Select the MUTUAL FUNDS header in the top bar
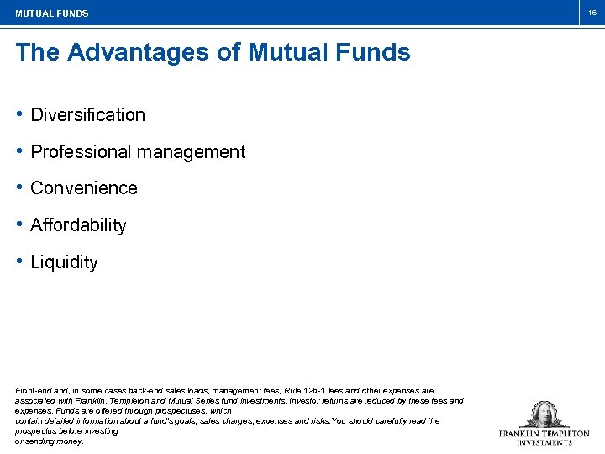pos(51,13)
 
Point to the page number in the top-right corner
pos(592,13)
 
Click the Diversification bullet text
pos(87,115)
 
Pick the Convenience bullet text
pos(83,188)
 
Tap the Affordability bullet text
pos(78,225)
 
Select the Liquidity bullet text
pos(64,262)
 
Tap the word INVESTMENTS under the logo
pos(544,442)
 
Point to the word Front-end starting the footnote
pos(33,391)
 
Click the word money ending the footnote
pos(71,441)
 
